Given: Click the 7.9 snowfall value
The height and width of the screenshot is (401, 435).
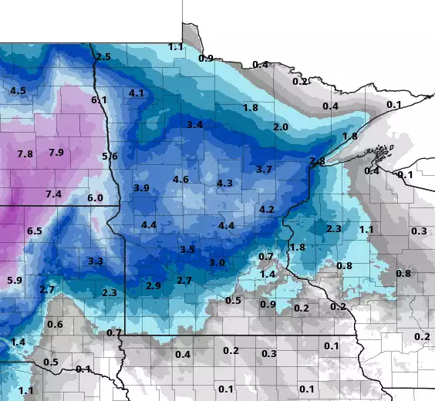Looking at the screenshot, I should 56,152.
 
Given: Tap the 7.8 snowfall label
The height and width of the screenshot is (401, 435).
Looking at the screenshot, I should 25,154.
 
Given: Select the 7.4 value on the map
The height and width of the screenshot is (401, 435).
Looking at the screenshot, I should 53,194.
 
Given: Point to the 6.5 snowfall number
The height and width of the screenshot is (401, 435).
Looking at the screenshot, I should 34,231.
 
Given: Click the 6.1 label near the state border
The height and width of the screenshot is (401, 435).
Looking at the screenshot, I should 99,99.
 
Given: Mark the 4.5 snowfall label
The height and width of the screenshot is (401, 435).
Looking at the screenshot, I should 18,90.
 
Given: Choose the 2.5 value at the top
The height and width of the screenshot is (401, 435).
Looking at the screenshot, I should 103,56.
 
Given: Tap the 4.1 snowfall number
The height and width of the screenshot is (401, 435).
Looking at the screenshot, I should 137,93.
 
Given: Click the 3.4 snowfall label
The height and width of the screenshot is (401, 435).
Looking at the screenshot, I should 195,124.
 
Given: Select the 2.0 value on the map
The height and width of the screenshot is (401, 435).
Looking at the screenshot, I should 281,126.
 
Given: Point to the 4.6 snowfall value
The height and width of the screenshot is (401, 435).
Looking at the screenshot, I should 180,180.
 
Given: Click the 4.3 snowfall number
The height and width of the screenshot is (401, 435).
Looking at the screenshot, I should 225,183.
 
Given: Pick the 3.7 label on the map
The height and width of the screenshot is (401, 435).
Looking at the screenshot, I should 264,169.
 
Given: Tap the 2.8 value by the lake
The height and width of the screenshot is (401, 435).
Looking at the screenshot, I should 317,160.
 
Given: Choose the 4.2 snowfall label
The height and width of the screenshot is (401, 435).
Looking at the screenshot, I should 268,209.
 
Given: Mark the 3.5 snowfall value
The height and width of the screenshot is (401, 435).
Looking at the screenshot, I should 187,249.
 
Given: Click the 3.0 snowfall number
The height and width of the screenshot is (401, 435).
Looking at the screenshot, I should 217,262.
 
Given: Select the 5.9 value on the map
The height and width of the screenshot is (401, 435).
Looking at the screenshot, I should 15,279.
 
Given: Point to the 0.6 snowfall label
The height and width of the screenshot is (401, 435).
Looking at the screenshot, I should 55,324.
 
